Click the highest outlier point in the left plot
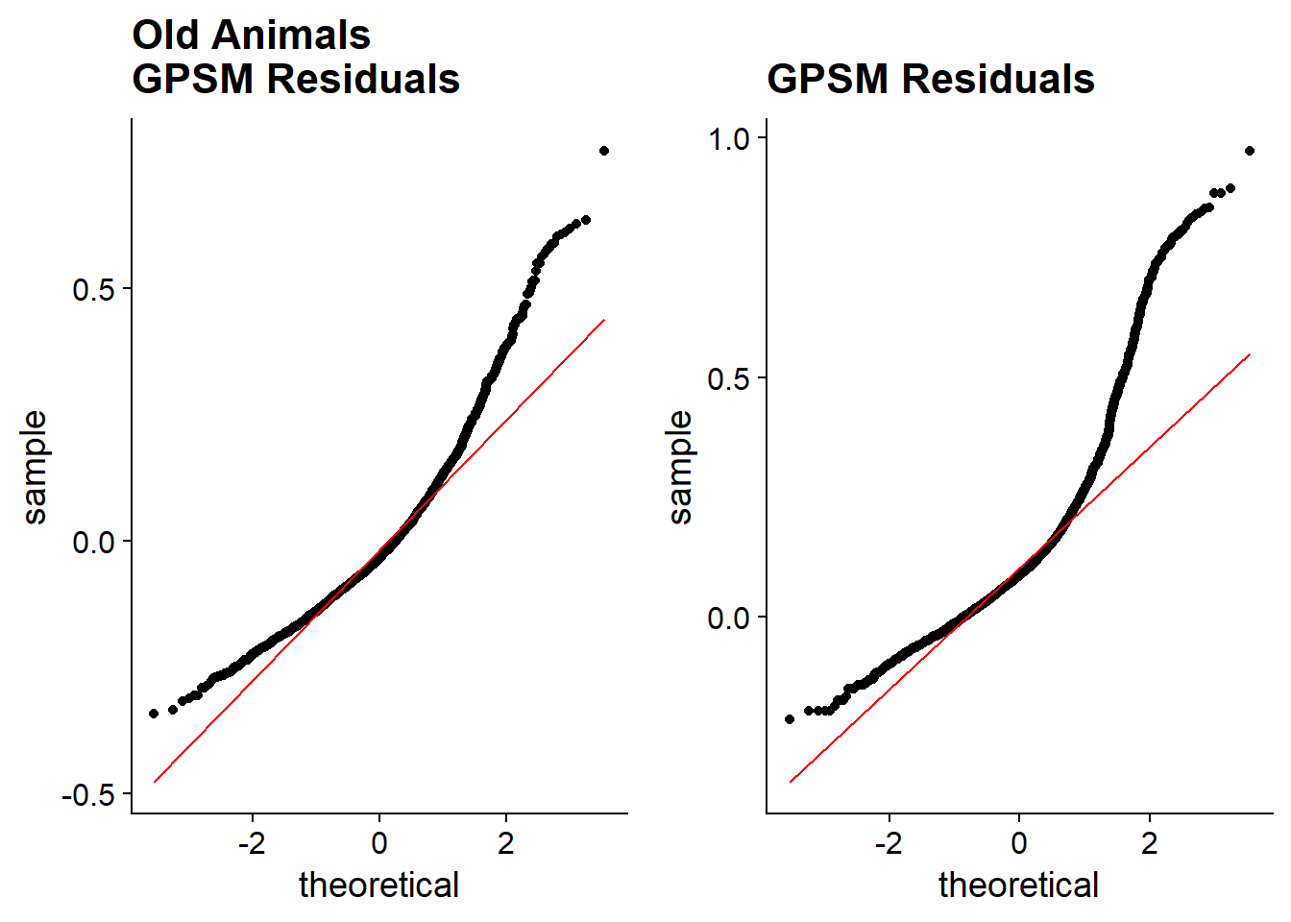(604, 151)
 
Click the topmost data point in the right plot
(1250, 151)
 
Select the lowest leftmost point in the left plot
(154, 714)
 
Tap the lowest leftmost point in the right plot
(790, 719)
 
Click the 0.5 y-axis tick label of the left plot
(93, 290)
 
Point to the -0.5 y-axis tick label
(88, 795)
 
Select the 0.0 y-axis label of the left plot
(93, 543)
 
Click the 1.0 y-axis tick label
(728, 139)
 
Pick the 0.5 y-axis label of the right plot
(728, 378)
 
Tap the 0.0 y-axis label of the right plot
(728, 619)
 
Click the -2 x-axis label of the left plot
(252, 843)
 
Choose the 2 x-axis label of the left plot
(506, 843)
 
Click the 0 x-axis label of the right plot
(1019, 843)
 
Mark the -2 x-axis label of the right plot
(889, 843)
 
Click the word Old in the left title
(165, 36)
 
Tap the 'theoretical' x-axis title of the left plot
(379, 885)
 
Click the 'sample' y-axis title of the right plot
(679, 467)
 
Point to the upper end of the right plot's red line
(1250, 354)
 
